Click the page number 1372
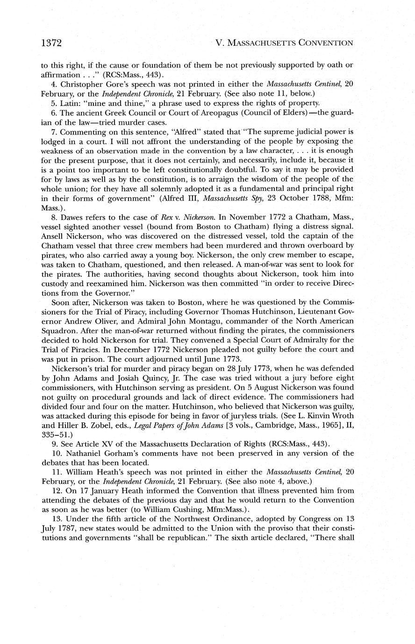tap(51, 43)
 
